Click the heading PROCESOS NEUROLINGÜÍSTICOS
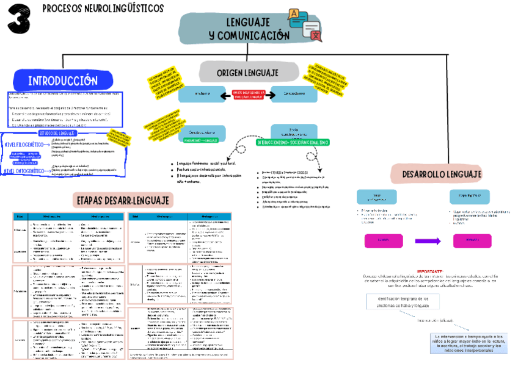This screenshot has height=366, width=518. pos(103,9)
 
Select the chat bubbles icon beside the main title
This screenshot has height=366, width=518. pos(304,24)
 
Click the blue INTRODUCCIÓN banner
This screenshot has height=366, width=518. pos(63,81)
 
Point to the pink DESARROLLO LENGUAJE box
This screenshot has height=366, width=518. pos(442,174)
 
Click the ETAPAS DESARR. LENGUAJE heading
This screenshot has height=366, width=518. pos(124,199)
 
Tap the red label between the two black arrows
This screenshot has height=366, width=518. pos(247,95)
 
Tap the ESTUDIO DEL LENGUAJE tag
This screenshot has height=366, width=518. pos(57,133)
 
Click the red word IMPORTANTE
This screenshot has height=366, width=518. pos(430,270)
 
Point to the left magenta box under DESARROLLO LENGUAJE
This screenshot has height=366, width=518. pos(383,241)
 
